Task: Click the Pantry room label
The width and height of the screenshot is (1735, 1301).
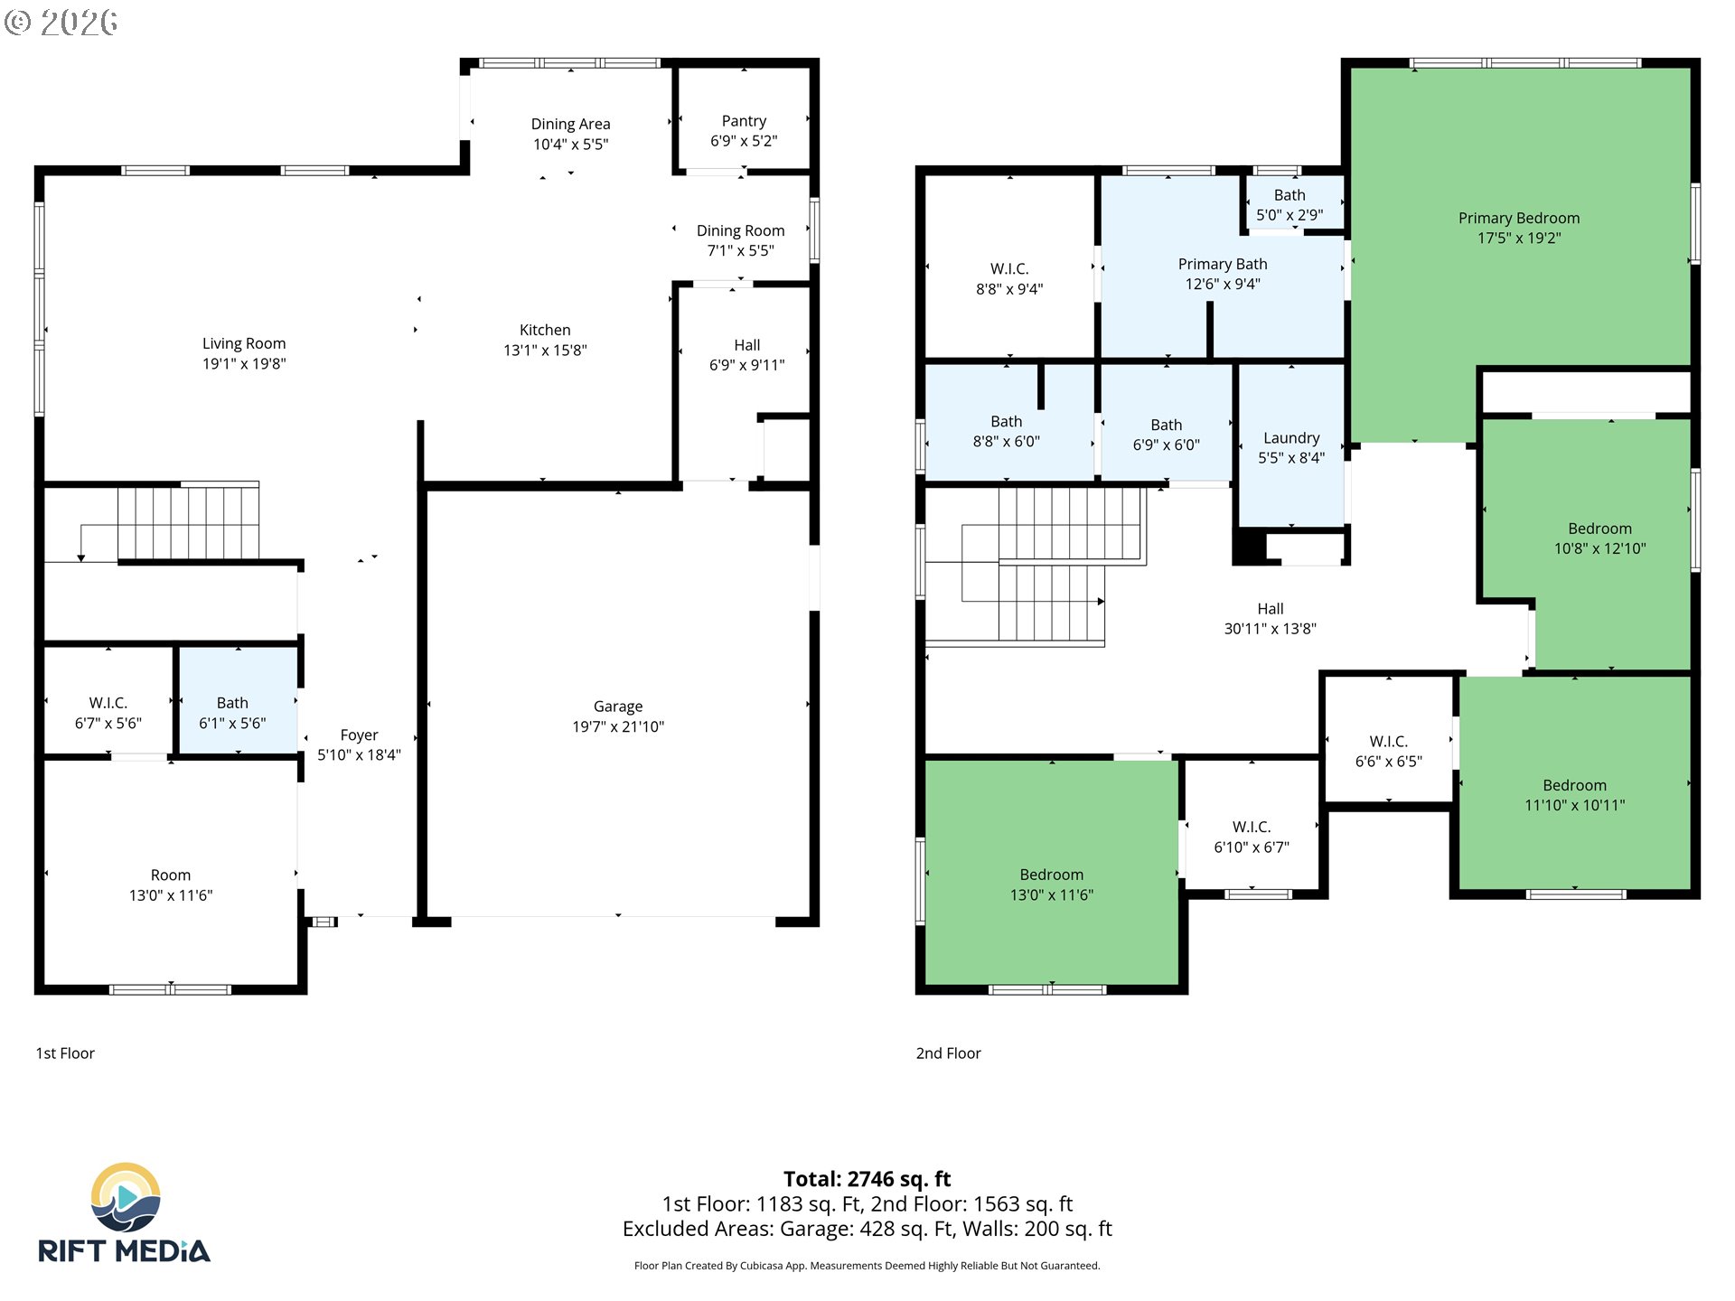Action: click(x=744, y=121)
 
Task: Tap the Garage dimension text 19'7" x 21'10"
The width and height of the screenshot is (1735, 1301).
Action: click(x=618, y=726)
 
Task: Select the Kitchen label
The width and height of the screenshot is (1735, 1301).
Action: click(x=545, y=331)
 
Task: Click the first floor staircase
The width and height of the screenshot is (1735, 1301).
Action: click(x=188, y=523)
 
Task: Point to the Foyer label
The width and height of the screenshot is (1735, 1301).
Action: click(x=359, y=735)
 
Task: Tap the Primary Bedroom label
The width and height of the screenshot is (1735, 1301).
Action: click(x=1519, y=219)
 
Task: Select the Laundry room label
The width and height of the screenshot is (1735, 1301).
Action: click(x=1291, y=438)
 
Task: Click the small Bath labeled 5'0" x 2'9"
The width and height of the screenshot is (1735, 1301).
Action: click(x=1290, y=204)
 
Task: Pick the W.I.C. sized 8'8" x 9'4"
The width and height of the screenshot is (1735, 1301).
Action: click(x=1009, y=278)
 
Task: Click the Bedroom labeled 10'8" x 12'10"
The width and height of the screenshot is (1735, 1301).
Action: click(x=1599, y=538)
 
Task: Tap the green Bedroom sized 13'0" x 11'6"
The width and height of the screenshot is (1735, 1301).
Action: click(x=1052, y=884)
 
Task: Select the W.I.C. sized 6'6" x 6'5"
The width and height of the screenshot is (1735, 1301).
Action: click(x=1388, y=751)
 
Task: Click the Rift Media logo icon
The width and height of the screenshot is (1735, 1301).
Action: click(x=127, y=1197)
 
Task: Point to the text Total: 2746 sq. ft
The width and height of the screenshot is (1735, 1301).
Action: click(x=867, y=1179)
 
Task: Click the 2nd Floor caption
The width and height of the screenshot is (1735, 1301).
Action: click(x=948, y=1053)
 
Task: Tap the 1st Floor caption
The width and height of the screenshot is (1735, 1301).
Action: click(x=65, y=1053)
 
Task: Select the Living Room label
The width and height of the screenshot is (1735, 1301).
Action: click(x=244, y=344)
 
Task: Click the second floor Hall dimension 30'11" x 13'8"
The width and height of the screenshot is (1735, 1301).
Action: click(x=1270, y=629)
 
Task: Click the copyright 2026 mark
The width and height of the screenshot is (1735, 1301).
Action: click(x=61, y=22)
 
